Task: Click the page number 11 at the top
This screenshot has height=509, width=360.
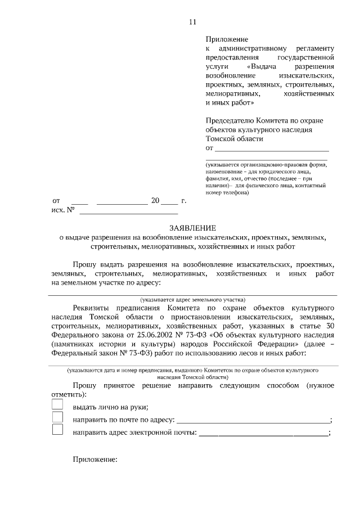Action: point(192,22)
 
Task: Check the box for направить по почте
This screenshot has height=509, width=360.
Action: point(57,418)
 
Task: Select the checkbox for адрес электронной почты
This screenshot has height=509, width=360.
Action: point(57,430)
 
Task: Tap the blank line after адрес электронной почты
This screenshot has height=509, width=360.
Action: point(263,434)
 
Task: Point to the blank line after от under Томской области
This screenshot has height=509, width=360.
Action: point(272,150)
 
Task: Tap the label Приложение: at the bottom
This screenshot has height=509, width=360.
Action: point(94,460)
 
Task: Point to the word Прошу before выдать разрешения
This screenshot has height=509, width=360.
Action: point(84,264)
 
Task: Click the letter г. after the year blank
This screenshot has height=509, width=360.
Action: point(183,201)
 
